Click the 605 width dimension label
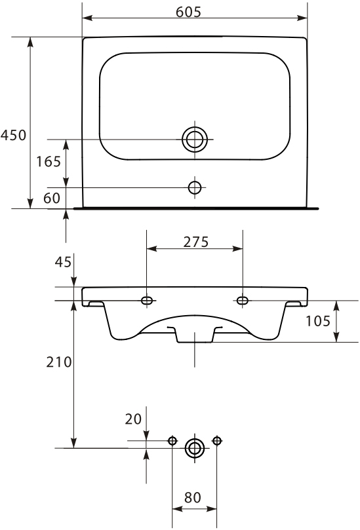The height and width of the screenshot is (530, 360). tap(188, 12)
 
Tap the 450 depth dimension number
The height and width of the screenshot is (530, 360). tap(14, 135)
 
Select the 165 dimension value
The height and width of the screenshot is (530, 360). tap(49, 162)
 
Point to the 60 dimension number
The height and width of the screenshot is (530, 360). tap(52, 198)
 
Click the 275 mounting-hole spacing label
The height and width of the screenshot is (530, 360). tap(196, 242)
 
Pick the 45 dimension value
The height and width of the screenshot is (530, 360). tap(63, 261)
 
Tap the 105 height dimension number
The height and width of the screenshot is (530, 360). tap(318, 321)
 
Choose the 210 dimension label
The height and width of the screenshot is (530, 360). tap(59, 362)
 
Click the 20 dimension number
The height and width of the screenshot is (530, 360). tap(133, 419)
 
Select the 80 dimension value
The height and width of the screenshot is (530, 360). tap(193, 497)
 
